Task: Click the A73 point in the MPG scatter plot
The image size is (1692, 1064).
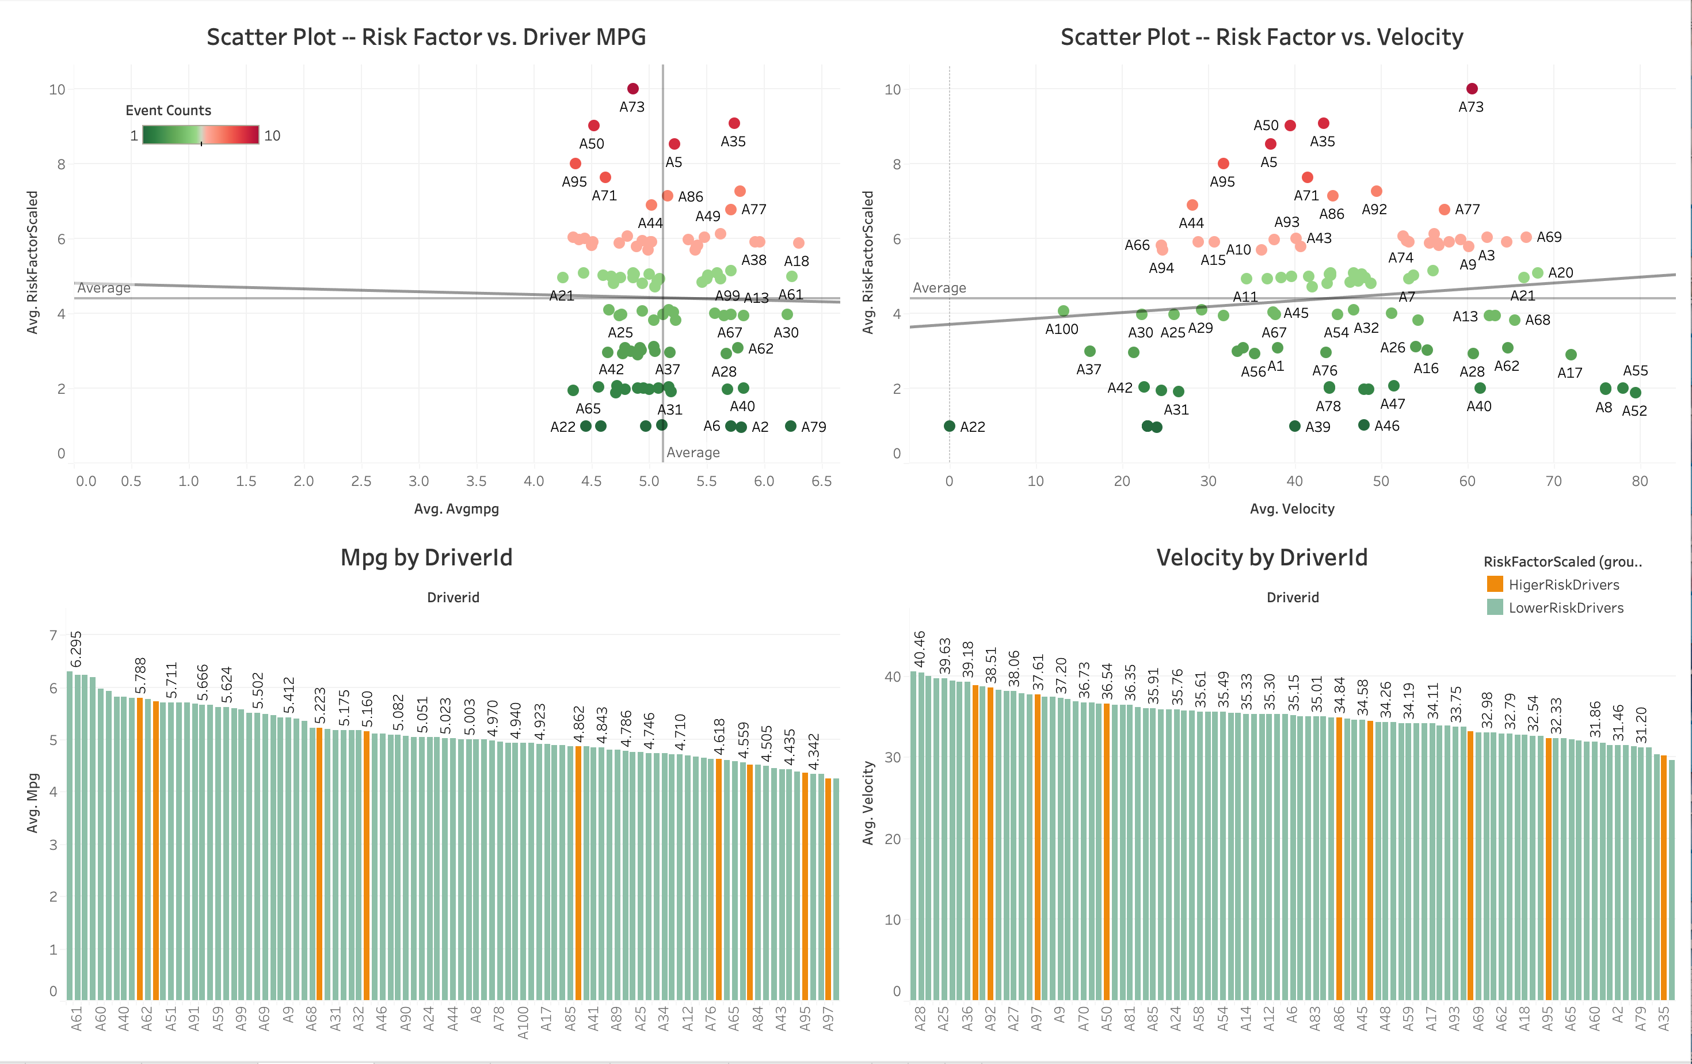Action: [x=632, y=89]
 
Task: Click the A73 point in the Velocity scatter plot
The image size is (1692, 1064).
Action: [x=1472, y=89]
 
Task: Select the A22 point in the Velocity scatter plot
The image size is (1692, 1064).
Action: [x=949, y=426]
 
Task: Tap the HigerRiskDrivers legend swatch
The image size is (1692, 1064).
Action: [x=1495, y=584]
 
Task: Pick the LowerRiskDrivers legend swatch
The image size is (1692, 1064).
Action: [x=1495, y=607]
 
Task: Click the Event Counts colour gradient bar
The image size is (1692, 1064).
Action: [x=201, y=135]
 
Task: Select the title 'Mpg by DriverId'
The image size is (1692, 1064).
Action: [x=426, y=557]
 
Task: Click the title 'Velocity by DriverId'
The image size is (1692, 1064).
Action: [x=1262, y=557]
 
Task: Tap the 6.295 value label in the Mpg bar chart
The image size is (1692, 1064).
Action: [x=76, y=649]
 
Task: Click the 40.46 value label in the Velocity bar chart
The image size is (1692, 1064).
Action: [x=919, y=649]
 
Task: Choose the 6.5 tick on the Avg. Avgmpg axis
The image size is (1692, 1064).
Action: [x=821, y=481]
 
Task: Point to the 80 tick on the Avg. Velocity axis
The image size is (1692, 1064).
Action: [x=1639, y=481]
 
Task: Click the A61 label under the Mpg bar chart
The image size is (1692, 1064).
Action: [x=77, y=1019]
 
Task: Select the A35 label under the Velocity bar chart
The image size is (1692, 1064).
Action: [x=1663, y=1019]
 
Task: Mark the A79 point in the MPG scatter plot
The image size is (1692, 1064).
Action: [x=791, y=426]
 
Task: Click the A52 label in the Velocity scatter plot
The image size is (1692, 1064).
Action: [x=1634, y=411]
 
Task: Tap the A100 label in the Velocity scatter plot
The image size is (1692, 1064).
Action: [x=1061, y=329]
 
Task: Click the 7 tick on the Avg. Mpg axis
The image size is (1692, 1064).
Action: [x=54, y=635]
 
